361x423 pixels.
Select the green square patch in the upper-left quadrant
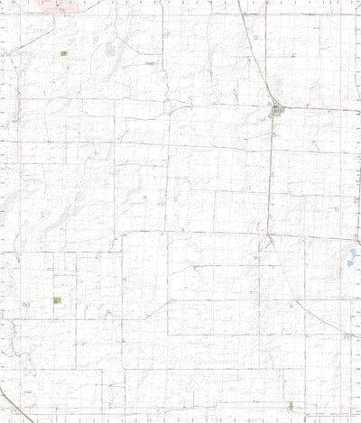(63, 54)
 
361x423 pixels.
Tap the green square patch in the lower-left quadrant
(57, 299)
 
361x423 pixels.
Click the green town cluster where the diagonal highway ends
(275, 112)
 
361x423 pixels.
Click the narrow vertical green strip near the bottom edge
(290, 405)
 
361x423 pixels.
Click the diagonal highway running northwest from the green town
(256, 54)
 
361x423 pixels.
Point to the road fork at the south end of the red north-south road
(270, 239)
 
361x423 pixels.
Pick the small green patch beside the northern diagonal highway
(256, 37)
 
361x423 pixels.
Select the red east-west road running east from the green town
(316, 108)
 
